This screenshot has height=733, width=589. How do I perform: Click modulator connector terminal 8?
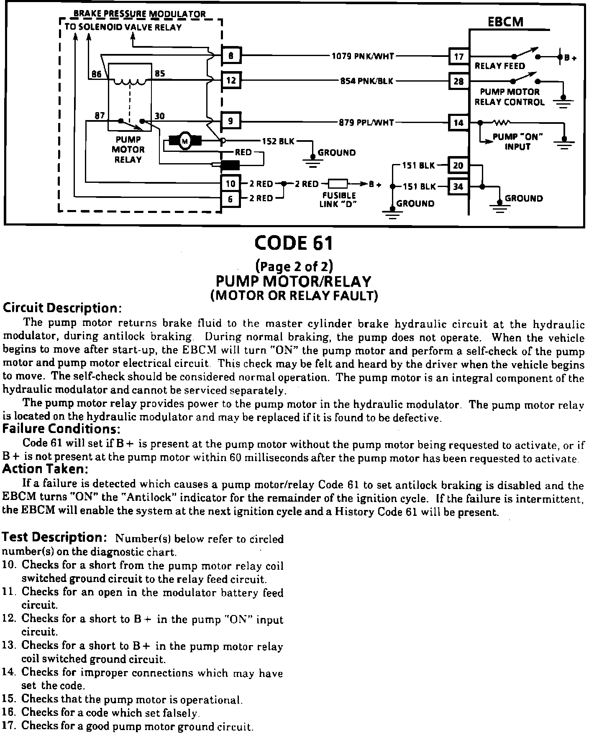(231, 55)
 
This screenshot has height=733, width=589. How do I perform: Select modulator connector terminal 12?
(231, 80)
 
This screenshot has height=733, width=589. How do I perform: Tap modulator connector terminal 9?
(231, 121)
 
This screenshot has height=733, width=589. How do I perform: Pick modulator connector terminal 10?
(231, 184)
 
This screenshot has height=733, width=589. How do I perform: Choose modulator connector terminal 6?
(231, 199)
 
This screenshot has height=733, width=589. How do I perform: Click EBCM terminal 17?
(459, 56)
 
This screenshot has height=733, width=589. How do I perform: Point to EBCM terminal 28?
(459, 81)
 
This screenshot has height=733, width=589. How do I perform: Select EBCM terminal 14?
(459, 122)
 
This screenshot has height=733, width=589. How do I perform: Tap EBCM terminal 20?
(458, 165)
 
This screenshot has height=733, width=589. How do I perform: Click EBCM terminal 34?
(458, 186)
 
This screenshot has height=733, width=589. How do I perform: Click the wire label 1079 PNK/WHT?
(363, 56)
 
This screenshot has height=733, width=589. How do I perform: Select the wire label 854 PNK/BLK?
(367, 81)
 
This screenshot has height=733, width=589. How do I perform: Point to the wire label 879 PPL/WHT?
(366, 122)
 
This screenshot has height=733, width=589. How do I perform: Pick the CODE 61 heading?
(294, 243)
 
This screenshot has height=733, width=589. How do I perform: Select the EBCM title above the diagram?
(505, 22)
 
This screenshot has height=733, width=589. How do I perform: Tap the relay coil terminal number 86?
(97, 74)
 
